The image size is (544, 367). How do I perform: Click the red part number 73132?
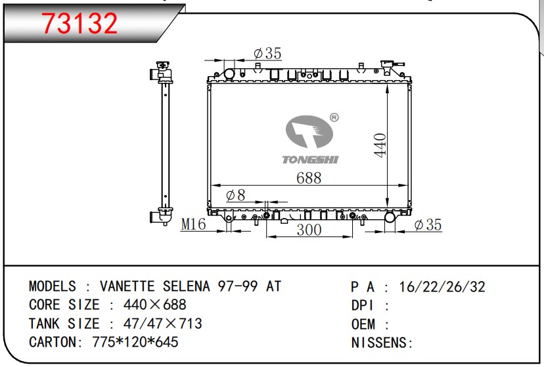point(79,23)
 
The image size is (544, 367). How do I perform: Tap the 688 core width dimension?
point(309,178)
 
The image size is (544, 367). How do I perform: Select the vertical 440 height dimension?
point(380,145)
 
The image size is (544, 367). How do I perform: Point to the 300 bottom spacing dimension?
point(309,230)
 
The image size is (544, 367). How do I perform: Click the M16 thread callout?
point(193,224)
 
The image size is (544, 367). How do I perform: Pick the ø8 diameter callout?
point(236,195)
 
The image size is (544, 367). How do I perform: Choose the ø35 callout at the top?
point(267,53)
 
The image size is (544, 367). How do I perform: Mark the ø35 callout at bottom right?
point(428,225)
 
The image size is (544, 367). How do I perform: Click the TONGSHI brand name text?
point(310,160)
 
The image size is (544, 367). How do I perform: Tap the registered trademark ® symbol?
point(334,118)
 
